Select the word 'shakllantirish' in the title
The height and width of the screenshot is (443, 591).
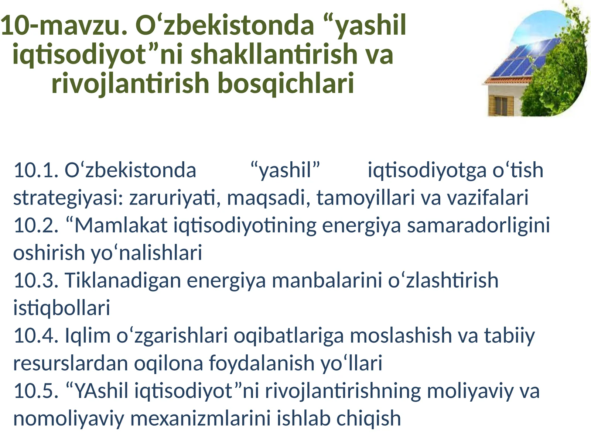(x=274, y=54)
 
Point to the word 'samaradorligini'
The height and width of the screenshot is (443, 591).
(x=479, y=225)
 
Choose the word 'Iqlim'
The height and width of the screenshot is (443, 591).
(x=88, y=336)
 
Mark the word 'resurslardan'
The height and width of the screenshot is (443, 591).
(x=71, y=363)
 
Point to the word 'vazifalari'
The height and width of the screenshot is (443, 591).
(x=488, y=198)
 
